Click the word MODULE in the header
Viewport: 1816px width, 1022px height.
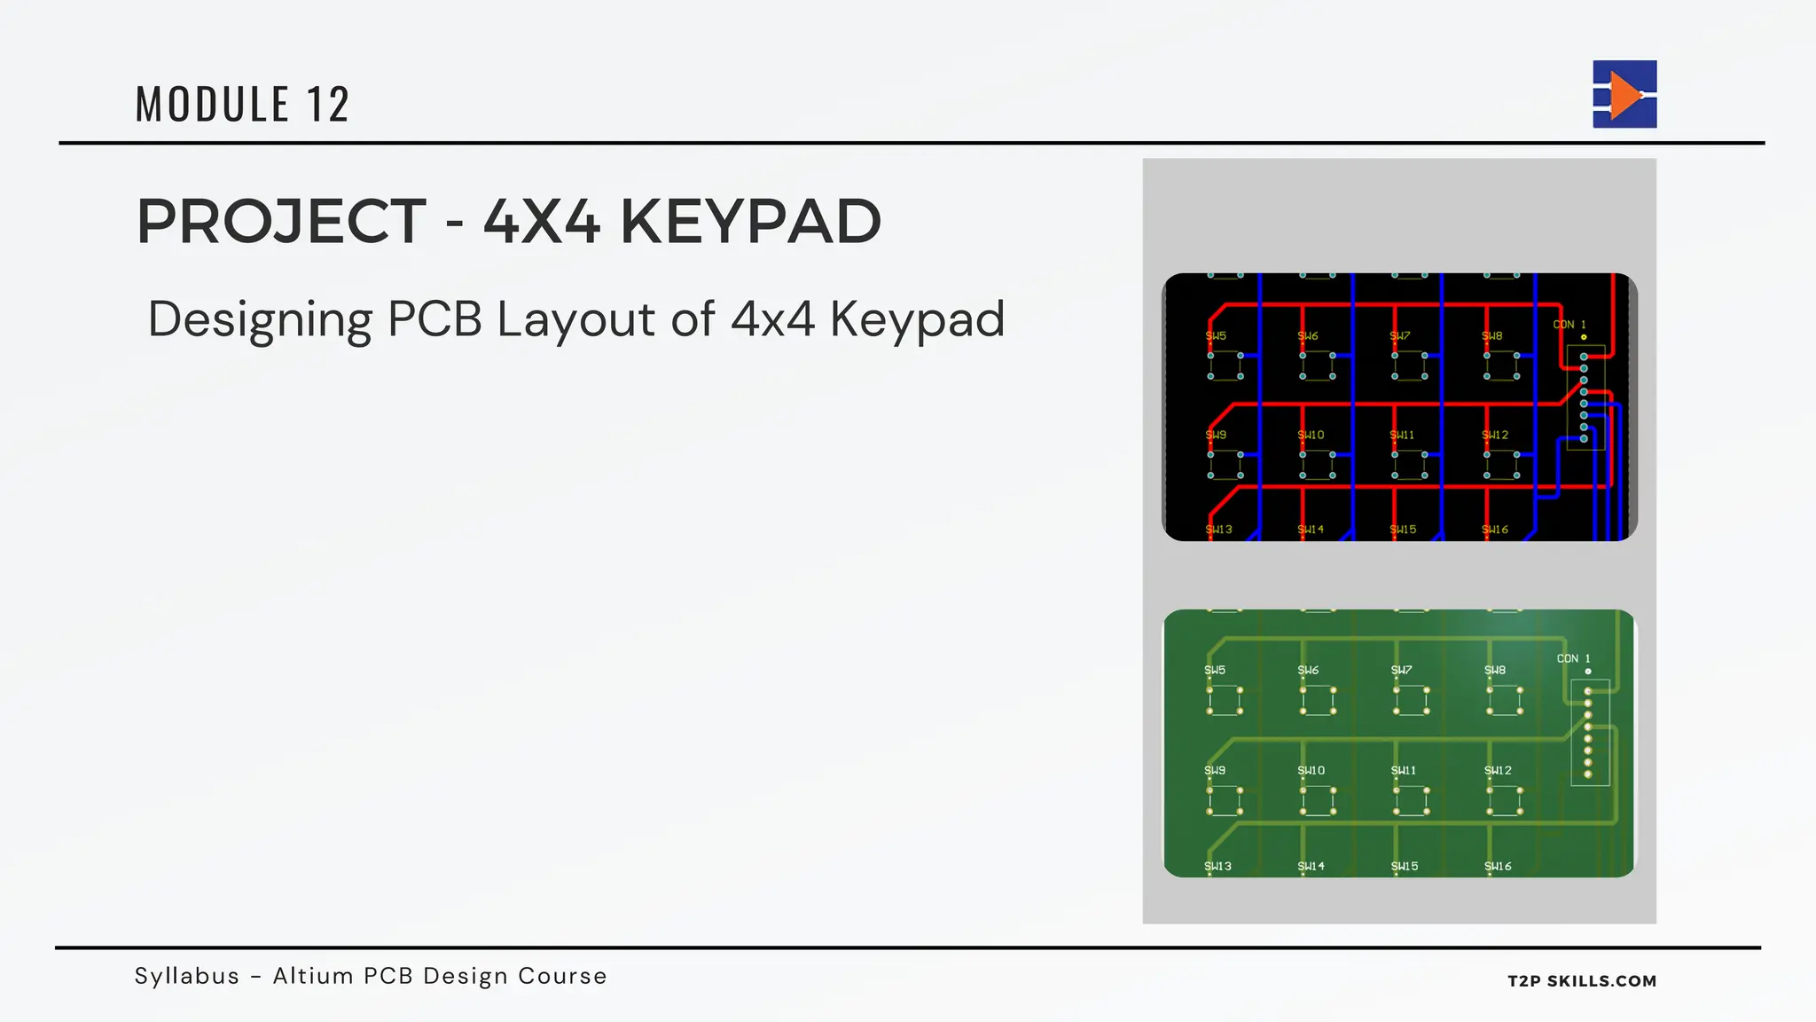(x=213, y=105)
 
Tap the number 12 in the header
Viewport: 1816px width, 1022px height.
(x=328, y=105)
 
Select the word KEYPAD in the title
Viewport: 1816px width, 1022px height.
(x=750, y=222)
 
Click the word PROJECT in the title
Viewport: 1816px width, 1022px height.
(x=282, y=222)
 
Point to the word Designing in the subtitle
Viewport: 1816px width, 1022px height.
(x=260, y=319)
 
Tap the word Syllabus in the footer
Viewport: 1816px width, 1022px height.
(x=187, y=976)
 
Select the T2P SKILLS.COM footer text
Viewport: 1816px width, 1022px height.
(x=1582, y=981)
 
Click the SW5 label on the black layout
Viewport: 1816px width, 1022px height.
(x=1216, y=336)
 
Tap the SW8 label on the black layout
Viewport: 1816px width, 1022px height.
(x=1492, y=336)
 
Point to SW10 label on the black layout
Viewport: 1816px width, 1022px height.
(x=1311, y=436)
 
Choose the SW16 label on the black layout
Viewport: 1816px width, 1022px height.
(x=1495, y=530)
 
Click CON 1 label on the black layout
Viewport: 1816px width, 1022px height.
(x=1569, y=325)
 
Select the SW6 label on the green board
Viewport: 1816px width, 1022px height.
(x=1308, y=671)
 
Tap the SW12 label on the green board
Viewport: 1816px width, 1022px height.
(x=1498, y=771)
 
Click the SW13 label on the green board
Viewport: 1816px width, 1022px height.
(x=1217, y=867)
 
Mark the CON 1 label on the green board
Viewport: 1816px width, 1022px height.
(x=1574, y=659)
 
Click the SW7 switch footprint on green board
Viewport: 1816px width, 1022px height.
(x=1411, y=700)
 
